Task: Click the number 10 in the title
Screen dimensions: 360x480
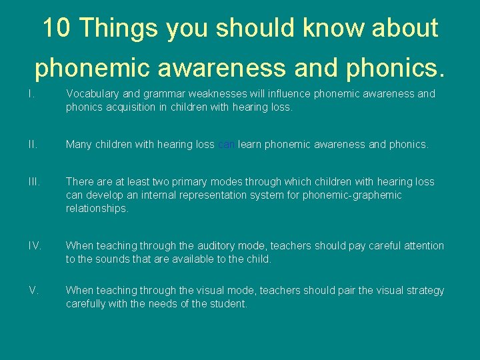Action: [x=57, y=28]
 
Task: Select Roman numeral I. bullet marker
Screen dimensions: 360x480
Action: [x=31, y=94]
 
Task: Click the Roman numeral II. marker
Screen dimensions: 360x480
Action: [x=32, y=145]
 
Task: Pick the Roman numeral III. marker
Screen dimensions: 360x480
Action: [x=33, y=182]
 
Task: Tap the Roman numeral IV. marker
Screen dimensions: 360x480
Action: [x=35, y=246]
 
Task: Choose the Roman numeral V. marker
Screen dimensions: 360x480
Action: [x=33, y=291]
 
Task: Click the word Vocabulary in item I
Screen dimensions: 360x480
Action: [x=92, y=94]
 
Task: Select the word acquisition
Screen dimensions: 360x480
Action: [x=131, y=107]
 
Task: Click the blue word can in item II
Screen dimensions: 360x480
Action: [x=226, y=145]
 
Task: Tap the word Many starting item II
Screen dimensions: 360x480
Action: [x=79, y=145]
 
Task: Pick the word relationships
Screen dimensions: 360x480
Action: [x=96, y=209]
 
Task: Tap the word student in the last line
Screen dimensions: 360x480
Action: [x=229, y=304]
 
